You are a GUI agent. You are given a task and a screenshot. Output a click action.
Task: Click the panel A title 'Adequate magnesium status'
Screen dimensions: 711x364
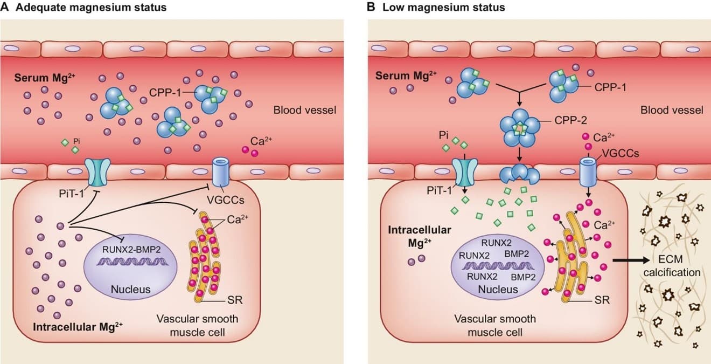[91, 7]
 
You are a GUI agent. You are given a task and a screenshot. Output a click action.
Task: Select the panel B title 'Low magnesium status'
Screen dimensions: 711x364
[444, 7]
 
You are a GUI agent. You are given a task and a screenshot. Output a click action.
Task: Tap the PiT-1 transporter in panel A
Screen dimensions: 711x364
[97, 173]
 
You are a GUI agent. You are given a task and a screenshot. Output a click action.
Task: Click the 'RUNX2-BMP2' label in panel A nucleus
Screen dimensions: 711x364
[131, 249]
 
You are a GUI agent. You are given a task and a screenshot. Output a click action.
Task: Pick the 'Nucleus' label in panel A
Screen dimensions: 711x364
[130, 289]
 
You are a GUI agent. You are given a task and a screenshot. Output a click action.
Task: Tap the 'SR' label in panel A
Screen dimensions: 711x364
[235, 300]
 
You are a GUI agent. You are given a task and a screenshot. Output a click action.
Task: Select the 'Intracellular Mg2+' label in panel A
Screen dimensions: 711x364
[78, 327]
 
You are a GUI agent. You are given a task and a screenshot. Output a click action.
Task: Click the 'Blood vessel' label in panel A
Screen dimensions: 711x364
[305, 110]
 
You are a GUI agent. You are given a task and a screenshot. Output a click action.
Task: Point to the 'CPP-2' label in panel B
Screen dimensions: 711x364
[571, 120]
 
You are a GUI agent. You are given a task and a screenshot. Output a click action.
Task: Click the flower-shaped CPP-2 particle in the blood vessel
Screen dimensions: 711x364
[520, 127]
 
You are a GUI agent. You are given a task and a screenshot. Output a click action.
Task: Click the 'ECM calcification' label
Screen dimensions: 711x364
[672, 266]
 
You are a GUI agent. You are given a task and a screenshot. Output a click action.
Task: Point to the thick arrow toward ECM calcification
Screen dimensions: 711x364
[630, 260]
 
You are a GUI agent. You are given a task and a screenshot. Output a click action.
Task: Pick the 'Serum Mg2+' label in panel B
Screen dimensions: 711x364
[406, 75]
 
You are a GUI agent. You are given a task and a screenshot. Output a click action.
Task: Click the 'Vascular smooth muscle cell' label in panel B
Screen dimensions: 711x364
[495, 326]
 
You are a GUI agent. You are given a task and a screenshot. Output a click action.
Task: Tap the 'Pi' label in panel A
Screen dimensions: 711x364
[76, 141]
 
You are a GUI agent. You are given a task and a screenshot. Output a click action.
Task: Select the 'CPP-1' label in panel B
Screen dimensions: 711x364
[610, 87]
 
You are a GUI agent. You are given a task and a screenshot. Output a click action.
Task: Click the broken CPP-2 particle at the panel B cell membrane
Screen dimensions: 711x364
[520, 174]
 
